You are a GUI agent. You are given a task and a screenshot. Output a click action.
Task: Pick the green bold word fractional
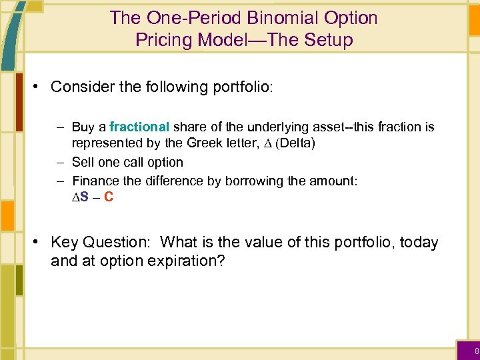(x=139, y=127)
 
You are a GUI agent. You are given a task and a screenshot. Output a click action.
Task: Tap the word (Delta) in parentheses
(x=293, y=143)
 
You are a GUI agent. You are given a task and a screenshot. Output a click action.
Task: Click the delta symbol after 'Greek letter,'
(x=266, y=143)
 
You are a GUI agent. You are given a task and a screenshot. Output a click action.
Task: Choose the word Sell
(x=83, y=162)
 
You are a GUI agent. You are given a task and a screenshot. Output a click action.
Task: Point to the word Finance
(x=94, y=181)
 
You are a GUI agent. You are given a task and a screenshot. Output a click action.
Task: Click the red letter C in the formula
(x=109, y=197)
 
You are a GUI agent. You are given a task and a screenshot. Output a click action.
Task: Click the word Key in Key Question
(x=63, y=242)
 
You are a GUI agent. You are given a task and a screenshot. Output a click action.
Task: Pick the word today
(x=418, y=242)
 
